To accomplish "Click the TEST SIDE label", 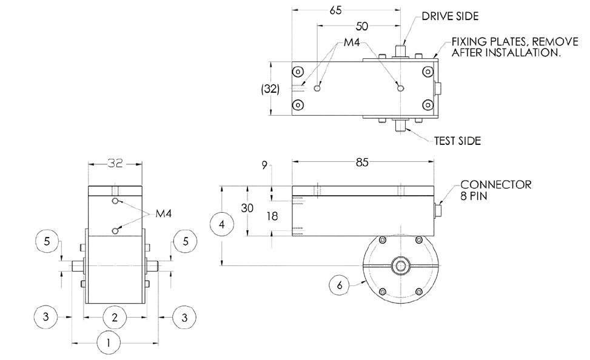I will click(x=457, y=141).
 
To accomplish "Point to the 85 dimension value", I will click(x=362, y=162).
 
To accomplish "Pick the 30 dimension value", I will click(x=247, y=208).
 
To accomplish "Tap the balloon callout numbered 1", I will click(x=109, y=343).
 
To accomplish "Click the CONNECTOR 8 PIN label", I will click(x=495, y=190).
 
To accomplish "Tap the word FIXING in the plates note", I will click(x=468, y=43).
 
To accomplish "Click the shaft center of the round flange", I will click(x=400, y=265).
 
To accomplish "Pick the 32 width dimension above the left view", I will click(x=115, y=163).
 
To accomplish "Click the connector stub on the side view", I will click(x=439, y=210).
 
